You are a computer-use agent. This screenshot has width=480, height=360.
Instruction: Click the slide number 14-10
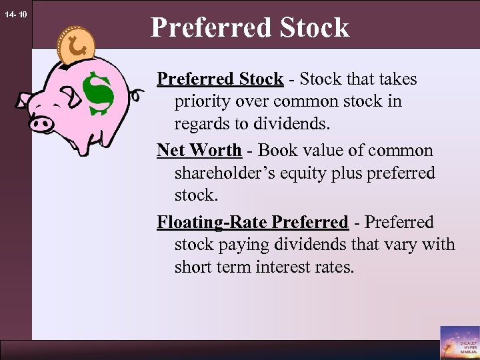click(15, 13)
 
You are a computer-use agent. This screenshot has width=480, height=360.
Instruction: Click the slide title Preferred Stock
click(249, 27)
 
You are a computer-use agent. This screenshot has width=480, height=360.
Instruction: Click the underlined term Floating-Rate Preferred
click(253, 222)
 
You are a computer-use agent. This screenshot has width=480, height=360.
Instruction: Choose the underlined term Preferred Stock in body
click(220, 79)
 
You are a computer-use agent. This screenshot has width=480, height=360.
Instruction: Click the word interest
click(296, 267)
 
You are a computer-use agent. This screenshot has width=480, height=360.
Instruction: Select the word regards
click(201, 125)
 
